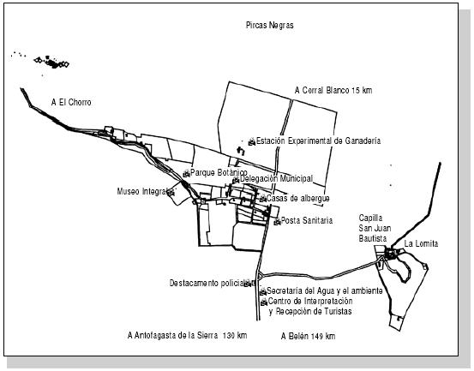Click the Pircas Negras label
tap(270, 25)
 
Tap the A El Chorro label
tap(71, 102)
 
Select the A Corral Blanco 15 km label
tap(333, 90)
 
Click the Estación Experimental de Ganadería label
tap(318, 141)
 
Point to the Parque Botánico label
tap(219, 173)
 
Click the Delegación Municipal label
tap(276, 179)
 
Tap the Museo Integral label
tap(142, 192)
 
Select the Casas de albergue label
tap(297, 199)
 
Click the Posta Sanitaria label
tap(307, 220)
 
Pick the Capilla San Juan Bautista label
tap(375, 228)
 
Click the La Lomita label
tap(421, 243)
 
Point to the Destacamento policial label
tap(207, 283)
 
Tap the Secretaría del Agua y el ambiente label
tap(325, 291)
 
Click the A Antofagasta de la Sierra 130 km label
tap(187, 335)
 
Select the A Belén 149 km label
tap(308, 336)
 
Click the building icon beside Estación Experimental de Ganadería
tap(252, 141)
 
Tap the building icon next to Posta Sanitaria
tap(277, 222)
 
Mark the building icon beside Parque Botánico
tap(187, 173)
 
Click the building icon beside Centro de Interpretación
tap(264, 302)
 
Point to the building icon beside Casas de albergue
tap(262, 199)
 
